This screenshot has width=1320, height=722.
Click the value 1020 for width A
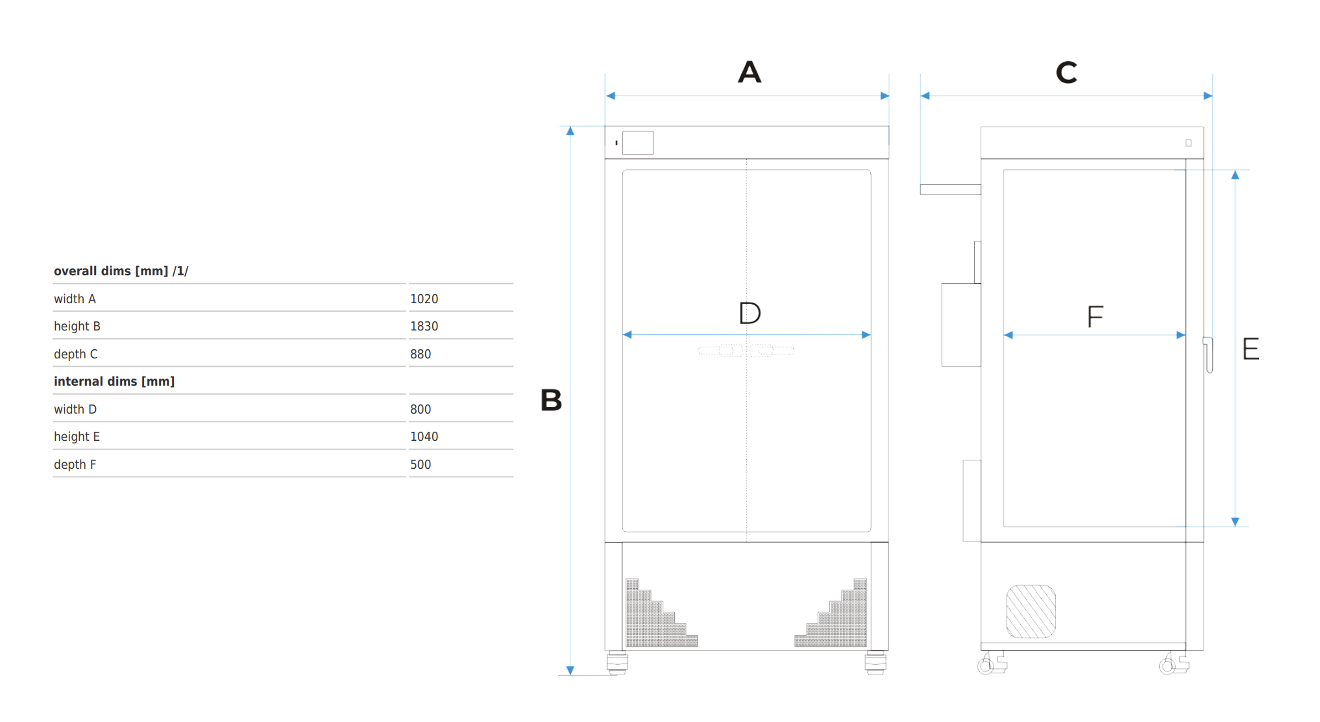(x=424, y=299)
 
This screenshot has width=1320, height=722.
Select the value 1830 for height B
(x=424, y=326)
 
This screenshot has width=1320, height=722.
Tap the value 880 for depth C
(x=421, y=354)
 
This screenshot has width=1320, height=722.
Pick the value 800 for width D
(x=421, y=409)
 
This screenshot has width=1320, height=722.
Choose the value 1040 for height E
(x=424, y=436)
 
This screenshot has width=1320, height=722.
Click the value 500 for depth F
(x=421, y=464)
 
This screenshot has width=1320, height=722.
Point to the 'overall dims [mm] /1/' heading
(x=121, y=271)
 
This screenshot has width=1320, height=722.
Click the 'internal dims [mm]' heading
(x=114, y=381)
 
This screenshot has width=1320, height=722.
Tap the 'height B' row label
(x=77, y=326)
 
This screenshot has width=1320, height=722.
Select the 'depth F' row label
(x=75, y=464)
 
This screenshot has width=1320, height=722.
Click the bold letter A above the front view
(x=750, y=71)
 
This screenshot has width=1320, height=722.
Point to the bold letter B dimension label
(x=551, y=400)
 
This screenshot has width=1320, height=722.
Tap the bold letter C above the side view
(x=1066, y=72)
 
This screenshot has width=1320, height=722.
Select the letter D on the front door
(x=750, y=313)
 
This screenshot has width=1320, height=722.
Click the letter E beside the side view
(x=1251, y=349)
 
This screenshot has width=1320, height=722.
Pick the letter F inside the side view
(x=1095, y=317)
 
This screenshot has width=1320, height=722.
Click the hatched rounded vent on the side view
(x=1031, y=611)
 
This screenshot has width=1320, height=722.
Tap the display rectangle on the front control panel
(x=637, y=143)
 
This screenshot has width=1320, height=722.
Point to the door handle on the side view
(x=1208, y=355)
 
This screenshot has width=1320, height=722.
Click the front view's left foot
(x=617, y=663)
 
